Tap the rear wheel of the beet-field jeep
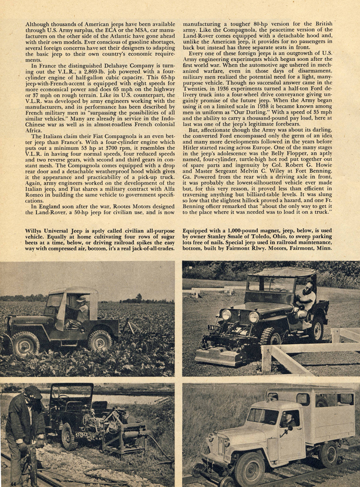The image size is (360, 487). coord(99,340)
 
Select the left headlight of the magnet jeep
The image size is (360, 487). coord(226,314)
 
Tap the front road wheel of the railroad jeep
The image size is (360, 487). coord(249,468)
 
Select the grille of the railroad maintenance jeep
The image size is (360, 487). coord(221,446)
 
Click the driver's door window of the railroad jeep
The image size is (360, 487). coord(290,419)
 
